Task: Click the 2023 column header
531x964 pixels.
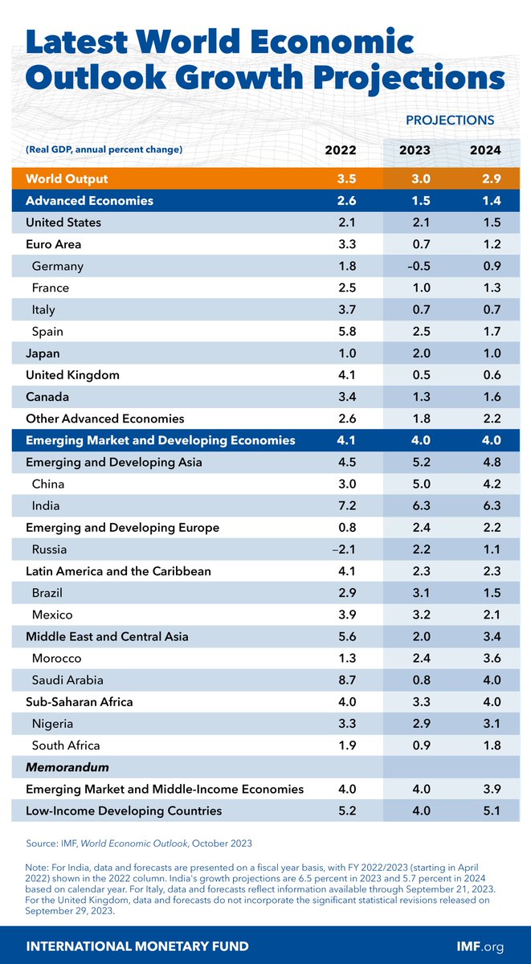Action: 415,150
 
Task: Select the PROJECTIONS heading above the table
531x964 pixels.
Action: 449,120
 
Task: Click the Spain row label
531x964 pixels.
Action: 49,331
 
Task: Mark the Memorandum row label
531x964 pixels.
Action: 67,767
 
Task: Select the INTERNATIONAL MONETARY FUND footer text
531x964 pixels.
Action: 138,946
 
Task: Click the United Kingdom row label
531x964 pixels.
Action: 72,374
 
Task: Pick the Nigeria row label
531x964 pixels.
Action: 54,724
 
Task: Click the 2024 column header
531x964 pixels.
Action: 487,150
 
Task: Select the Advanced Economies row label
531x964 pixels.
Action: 89,200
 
